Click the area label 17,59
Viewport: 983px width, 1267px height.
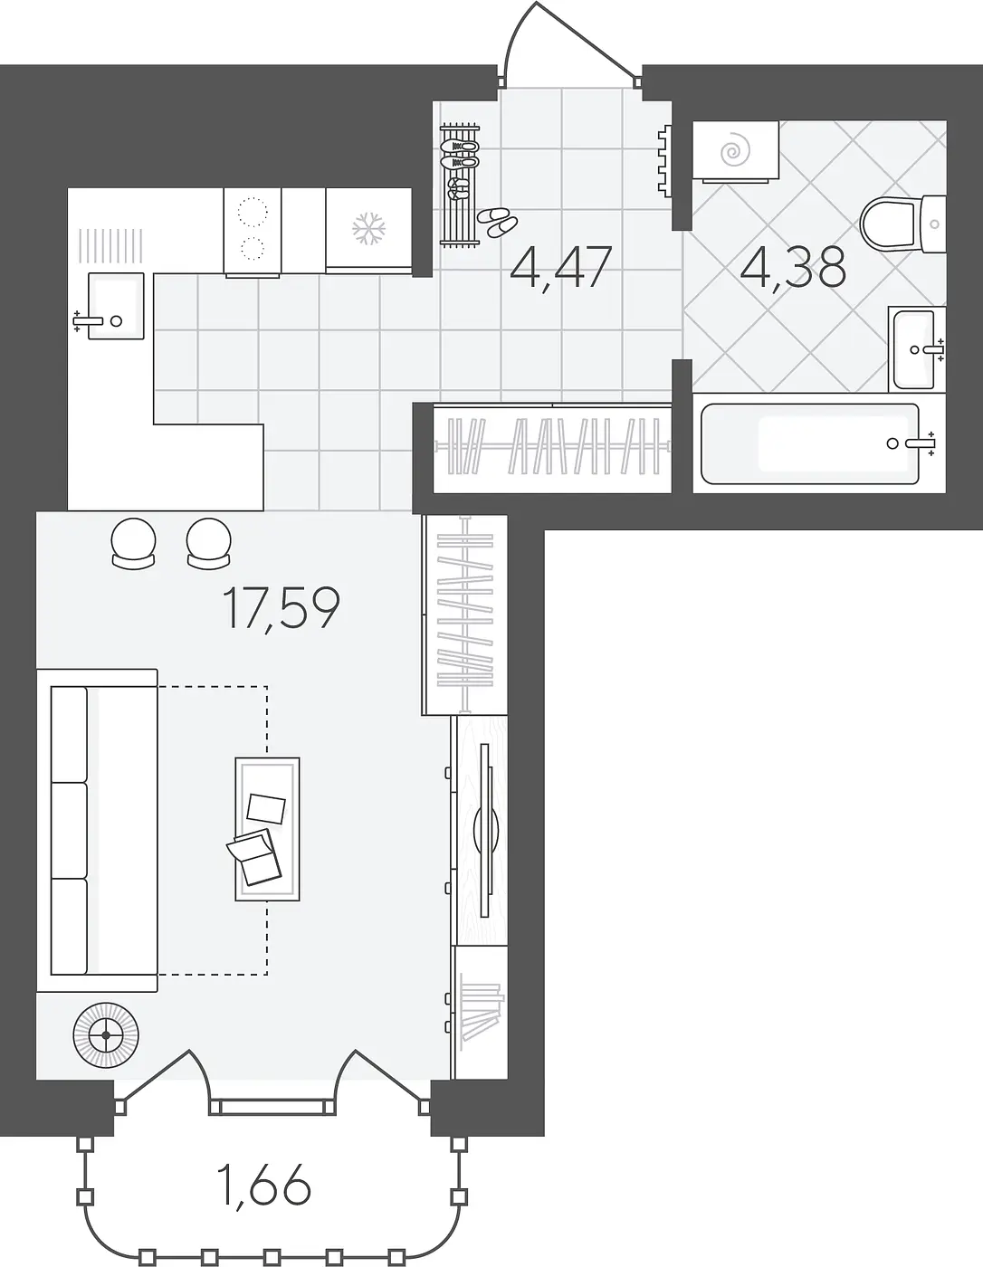[281, 608]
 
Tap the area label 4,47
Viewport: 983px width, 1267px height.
[561, 268]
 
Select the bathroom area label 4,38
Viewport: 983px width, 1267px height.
[793, 268]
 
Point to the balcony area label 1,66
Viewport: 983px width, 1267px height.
[265, 1186]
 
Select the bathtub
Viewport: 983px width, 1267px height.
[810, 443]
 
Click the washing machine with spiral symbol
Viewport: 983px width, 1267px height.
[736, 151]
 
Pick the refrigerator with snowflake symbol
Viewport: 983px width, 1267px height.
[368, 230]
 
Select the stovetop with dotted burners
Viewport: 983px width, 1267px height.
[253, 231]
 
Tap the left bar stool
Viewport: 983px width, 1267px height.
[134, 543]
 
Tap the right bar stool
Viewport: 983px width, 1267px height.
[209, 543]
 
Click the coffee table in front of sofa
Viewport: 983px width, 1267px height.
[268, 829]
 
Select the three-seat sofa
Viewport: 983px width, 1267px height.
[98, 830]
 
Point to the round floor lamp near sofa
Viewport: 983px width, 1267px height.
[106, 1035]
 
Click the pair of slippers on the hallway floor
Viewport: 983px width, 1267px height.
[497, 222]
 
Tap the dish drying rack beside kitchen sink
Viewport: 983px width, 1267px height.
[110, 245]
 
